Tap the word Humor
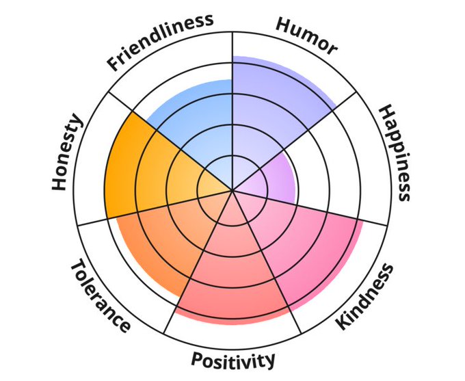[x=306, y=36]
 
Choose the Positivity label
[x=233, y=359]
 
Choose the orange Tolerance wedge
[x=161, y=239]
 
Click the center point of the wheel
[x=232, y=190]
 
